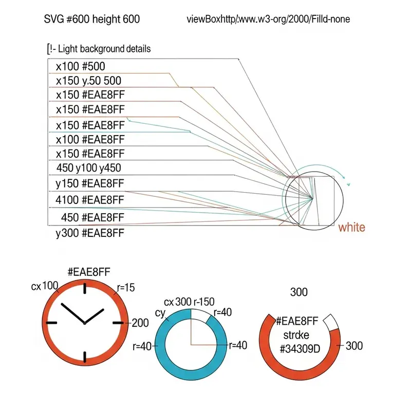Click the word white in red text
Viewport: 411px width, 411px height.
(351, 227)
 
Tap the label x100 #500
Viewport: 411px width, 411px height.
(81, 66)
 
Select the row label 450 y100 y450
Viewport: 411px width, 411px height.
(88, 168)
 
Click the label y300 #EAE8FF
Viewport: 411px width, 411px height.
(90, 233)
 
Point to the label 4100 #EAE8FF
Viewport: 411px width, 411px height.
(89, 200)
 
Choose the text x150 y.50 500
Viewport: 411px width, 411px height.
(88, 81)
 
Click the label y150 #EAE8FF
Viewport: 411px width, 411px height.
(89, 183)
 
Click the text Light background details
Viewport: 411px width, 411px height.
(104, 49)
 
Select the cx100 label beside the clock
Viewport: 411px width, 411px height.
(45, 286)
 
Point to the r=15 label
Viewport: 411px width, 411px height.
(126, 288)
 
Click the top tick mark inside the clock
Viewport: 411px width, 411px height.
(85, 288)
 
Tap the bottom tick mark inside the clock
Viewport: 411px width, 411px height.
(85, 357)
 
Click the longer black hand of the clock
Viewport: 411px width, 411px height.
(72, 313)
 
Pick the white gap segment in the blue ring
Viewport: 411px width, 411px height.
(201, 316)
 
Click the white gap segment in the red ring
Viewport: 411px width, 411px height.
(331, 322)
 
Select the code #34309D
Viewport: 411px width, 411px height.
(300, 349)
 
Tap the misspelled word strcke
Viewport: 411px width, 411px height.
(296, 335)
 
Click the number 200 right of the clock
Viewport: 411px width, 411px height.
(140, 323)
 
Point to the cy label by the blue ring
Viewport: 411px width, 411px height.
(160, 313)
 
